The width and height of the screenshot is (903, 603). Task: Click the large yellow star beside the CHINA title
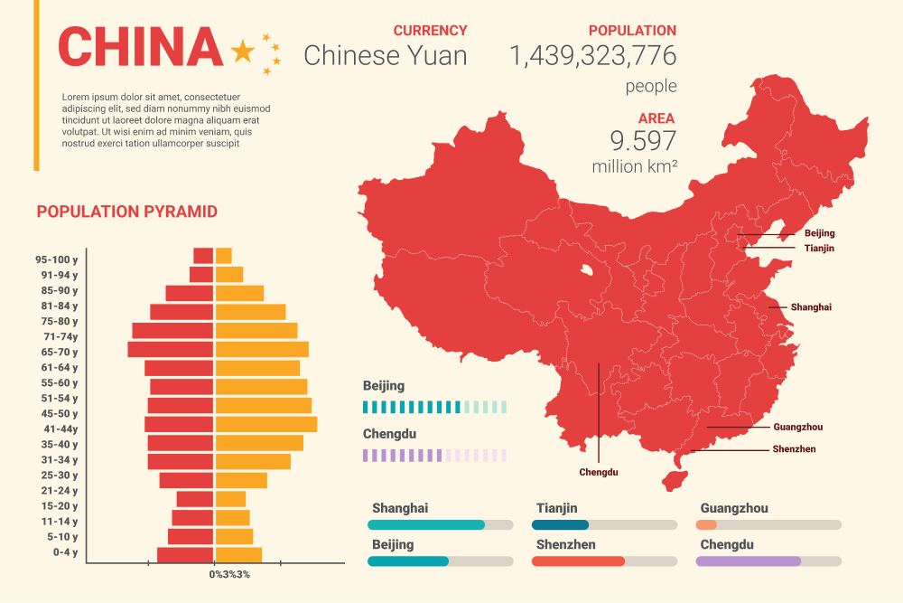243,52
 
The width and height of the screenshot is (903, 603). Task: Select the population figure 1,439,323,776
592,56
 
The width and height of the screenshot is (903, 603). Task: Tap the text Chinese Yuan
386,56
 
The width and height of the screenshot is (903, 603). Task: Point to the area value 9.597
643,141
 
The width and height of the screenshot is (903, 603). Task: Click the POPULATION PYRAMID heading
126,212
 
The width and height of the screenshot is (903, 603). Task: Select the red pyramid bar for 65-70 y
171,349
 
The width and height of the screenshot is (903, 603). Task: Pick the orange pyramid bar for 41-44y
266,424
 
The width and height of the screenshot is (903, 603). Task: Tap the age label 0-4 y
65,551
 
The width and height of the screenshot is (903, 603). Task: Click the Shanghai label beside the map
810,307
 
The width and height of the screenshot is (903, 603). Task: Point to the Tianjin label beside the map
818,248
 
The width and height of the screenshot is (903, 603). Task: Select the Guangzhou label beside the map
797,427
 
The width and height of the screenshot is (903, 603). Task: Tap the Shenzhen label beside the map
794,449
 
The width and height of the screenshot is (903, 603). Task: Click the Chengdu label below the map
598,472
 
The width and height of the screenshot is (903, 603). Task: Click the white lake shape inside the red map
588,270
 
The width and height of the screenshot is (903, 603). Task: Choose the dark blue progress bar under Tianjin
560,524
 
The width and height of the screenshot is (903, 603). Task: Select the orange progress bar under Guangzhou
706,524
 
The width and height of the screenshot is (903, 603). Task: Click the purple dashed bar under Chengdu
434,456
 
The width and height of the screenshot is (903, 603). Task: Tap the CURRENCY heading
430,31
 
